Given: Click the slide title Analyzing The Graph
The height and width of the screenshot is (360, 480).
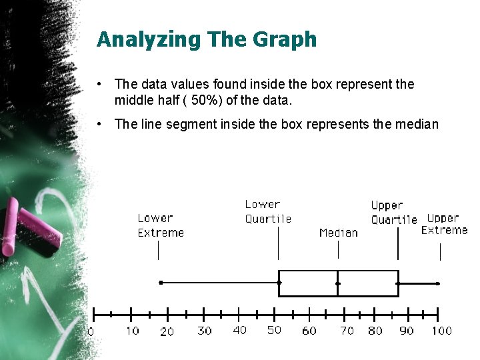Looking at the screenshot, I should (207, 39).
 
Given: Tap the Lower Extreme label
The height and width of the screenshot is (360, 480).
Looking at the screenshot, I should (161, 225).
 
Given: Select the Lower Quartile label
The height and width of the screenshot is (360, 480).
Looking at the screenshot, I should (268, 211).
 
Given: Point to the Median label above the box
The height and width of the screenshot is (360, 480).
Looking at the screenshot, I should (338, 233).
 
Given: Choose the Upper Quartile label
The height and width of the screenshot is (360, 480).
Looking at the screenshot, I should (393, 212).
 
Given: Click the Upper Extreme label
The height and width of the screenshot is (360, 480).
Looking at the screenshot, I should (444, 224).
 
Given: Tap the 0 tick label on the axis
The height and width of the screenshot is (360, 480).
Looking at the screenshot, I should (91, 331).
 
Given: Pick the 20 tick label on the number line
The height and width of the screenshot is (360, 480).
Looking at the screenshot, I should (167, 331).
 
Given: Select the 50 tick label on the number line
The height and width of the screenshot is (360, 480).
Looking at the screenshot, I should (274, 330).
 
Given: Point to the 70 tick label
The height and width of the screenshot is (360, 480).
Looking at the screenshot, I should (347, 331).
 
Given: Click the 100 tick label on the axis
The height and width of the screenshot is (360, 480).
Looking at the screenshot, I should (441, 331).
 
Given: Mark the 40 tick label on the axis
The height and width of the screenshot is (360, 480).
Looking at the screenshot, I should (239, 330).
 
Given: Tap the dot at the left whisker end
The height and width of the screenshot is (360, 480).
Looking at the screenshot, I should (161, 283).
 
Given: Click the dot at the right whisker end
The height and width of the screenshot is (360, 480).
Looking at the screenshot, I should (438, 283).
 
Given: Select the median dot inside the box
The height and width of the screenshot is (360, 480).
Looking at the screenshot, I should (338, 283).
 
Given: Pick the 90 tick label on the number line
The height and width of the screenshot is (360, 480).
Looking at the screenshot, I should (406, 331).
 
